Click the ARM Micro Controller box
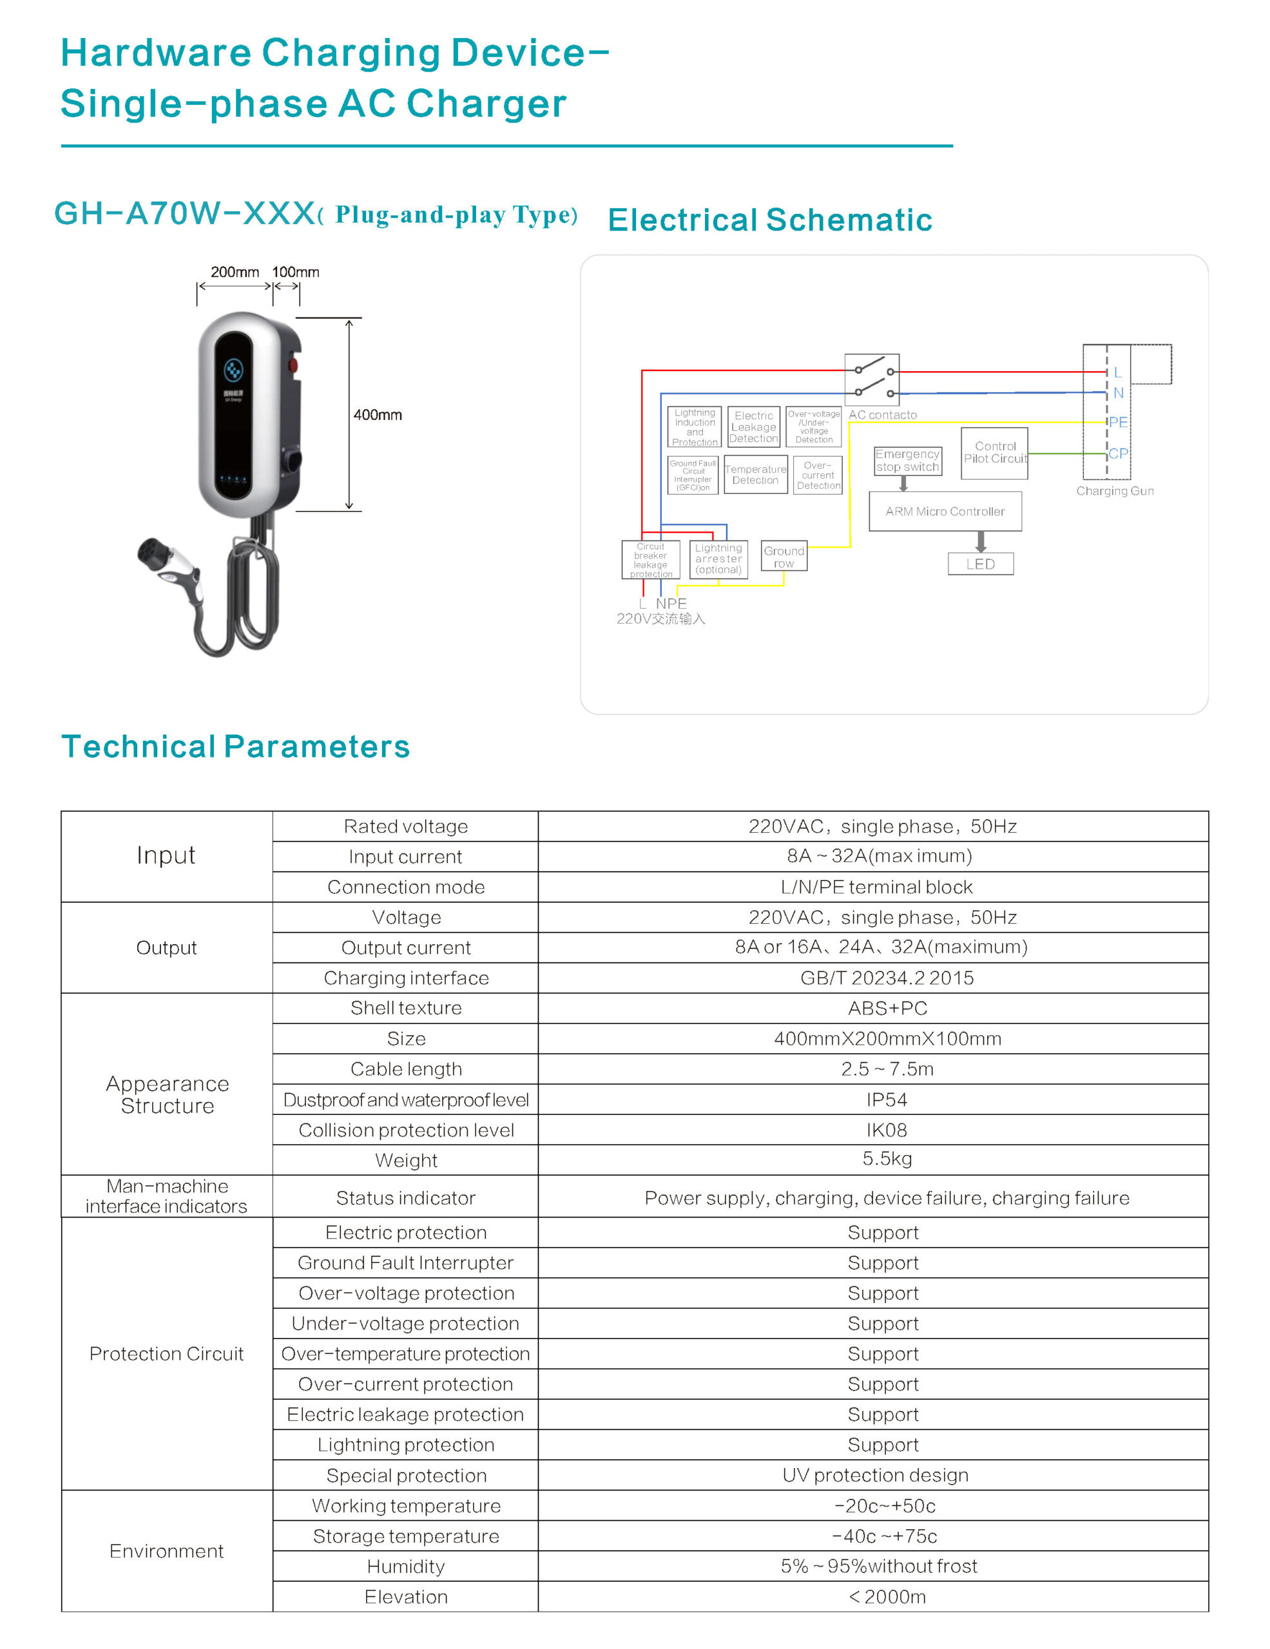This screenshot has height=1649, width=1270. (x=945, y=511)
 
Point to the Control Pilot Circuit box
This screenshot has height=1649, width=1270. (x=994, y=453)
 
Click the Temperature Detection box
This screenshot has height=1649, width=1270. (x=755, y=474)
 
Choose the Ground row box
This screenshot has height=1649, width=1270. (x=784, y=557)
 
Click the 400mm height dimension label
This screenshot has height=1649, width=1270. (x=378, y=415)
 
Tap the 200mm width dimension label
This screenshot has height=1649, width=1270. (x=234, y=272)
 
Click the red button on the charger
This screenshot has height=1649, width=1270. (x=293, y=366)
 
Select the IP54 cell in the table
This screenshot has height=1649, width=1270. (x=887, y=1100)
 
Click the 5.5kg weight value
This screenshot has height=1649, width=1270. (x=887, y=1159)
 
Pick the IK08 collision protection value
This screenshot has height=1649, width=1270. (x=887, y=1130)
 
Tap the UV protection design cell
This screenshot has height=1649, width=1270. (x=875, y=1474)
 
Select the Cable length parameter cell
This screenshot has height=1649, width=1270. (x=405, y=1069)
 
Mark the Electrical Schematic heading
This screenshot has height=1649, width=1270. (x=769, y=220)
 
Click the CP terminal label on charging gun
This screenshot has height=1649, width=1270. (x=1117, y=453)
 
